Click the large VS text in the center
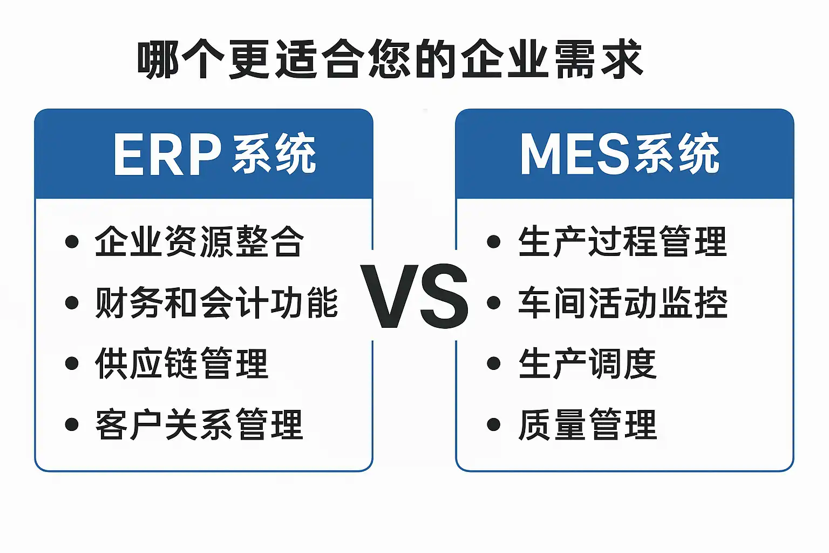[x=415, y=296]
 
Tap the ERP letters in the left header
[x=168, y=154]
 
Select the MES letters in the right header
[x=575, y=154]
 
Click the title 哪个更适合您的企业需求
[x=390, y=59]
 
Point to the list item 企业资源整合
[x=200, y=241]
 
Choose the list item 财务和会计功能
[x=217, y=302]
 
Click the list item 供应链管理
[x=182, y=363]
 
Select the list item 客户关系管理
[x=200, y=424]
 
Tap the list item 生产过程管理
[x=623, y=241]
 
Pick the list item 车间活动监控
[x=623, y=302]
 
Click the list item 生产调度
[x=588, y=363]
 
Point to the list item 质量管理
[x=588, y=424]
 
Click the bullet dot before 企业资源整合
[x=72, y=241]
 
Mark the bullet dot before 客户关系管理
[x=72, y=424]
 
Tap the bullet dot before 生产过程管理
[x=494, y=241]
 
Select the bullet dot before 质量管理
[x=494, y=424]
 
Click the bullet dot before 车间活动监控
[x=494, y=302]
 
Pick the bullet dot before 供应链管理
[x=72, y=363]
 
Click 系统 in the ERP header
[x=274, y=153]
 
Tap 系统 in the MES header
[x=677, y=153]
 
